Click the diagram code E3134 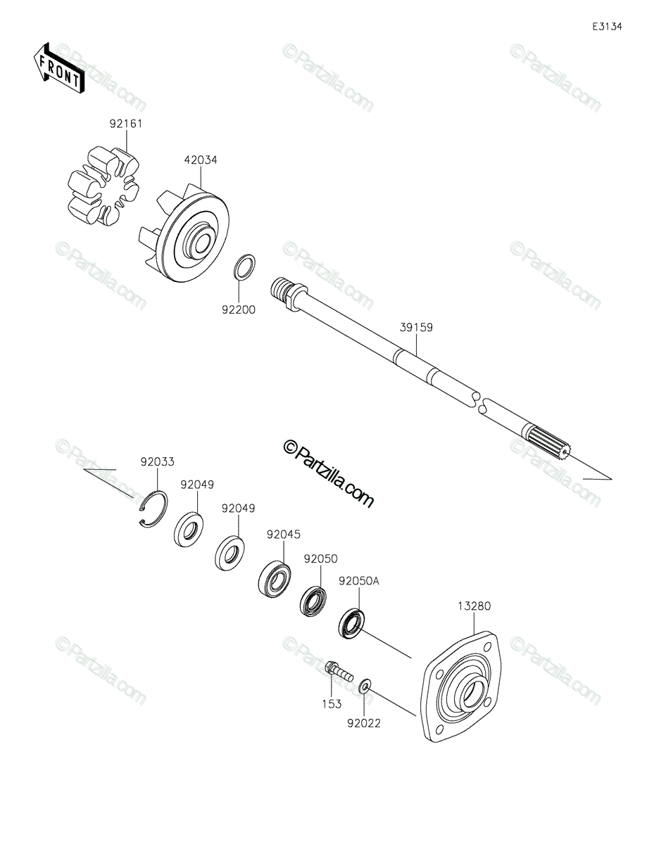pyautogui.click(x=607, y=27)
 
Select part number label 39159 pyautogui.click(x=416, y=327)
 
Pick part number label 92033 pyautogui.click(x=157, y=462)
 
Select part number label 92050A pyautogui.click(x=358, y=582)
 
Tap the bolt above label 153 pyautogui.click(x=337, y=670)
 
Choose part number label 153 pyautogui.click(x=332, y=703)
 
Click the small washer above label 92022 pyautogui.click(x=365, y=685)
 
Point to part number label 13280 pyautogui.click(x=474, y=606)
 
